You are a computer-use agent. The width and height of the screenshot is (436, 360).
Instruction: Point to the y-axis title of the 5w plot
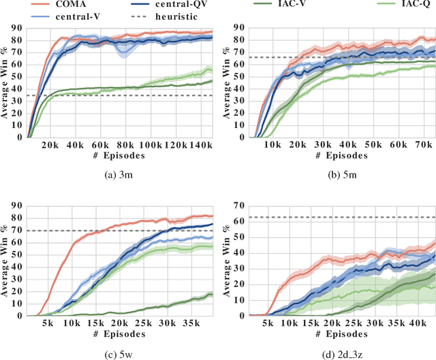5,259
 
